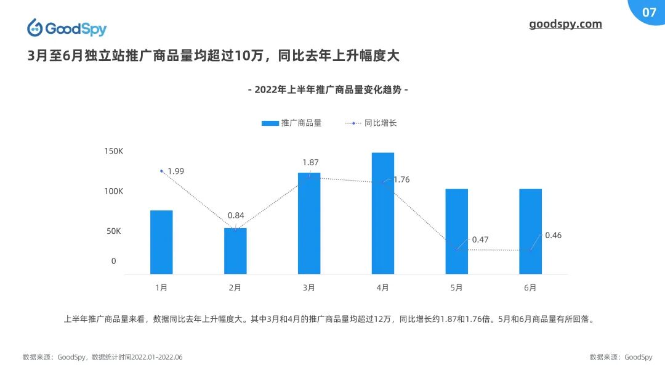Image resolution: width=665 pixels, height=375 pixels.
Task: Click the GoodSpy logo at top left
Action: [66, 28]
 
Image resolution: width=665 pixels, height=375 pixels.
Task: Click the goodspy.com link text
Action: [565, 24]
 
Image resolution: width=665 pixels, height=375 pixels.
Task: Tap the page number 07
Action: [649, 12]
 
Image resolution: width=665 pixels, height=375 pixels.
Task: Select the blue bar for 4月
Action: [383, 213]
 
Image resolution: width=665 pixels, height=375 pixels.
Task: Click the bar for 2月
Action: [235, 251]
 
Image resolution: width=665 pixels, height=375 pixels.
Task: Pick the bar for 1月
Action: [161, 242]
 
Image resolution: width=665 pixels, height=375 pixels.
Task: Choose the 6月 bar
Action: [530, 231]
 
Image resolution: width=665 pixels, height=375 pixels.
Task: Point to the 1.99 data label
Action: [176, 171]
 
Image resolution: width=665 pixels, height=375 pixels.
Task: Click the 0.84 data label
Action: [236, 215]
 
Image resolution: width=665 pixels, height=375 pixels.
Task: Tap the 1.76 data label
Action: [401, 179]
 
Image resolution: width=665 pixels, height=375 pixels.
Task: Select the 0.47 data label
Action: [480, 239]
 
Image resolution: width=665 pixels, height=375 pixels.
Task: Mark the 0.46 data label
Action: [554, 235]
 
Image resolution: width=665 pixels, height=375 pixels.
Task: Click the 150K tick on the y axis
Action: [113, 151]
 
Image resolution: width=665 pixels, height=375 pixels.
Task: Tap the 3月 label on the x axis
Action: [309, 287]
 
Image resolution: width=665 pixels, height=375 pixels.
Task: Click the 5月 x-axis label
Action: [456, 287]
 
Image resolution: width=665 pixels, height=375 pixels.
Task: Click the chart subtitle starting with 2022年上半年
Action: [328, 90]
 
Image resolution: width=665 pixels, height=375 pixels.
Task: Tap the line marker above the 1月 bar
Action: [161, 171]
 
